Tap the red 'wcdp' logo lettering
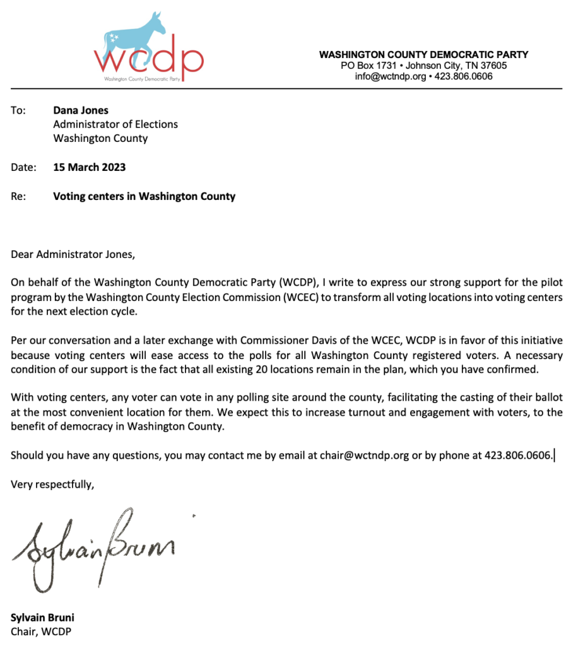point(149,60)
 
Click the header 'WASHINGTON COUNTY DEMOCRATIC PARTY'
point(423,55)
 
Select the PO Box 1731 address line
point(423,66)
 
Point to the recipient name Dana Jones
point(81,110)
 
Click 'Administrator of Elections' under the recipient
point(115,124)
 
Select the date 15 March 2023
point(89,167)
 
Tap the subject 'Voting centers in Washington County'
point(144,196)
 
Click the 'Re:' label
point(18,196)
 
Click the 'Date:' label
point(23,167)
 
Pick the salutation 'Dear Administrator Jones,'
point(73,255)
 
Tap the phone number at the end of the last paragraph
point(518,455)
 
